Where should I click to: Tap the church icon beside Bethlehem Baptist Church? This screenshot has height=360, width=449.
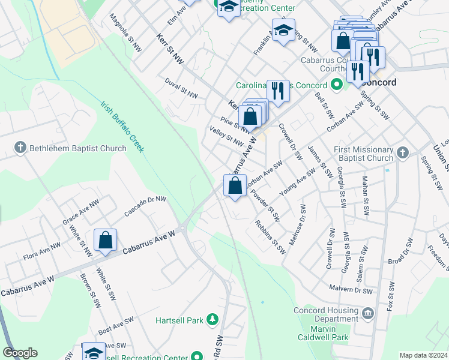click(x=20, y=148)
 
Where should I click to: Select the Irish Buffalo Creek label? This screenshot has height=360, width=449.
click(x=122, y=126)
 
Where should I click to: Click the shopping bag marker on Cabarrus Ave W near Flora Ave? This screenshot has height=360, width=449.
click(x=105, y=241)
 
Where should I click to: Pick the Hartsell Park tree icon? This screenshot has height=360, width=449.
click(x=212, y=320)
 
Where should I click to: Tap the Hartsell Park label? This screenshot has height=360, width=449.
click(x=179, y=321)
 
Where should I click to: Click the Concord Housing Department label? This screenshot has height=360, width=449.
click(x=326, y=315)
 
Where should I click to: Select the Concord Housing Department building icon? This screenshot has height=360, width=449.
click(x=369, y=313)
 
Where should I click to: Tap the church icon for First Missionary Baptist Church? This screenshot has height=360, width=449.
click(x=403, y=154)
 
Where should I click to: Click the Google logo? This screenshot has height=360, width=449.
click(x=20, y=353)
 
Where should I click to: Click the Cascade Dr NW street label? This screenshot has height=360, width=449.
click(x=144, y=206)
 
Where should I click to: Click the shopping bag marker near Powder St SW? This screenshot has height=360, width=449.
click(x=235, y=185)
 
